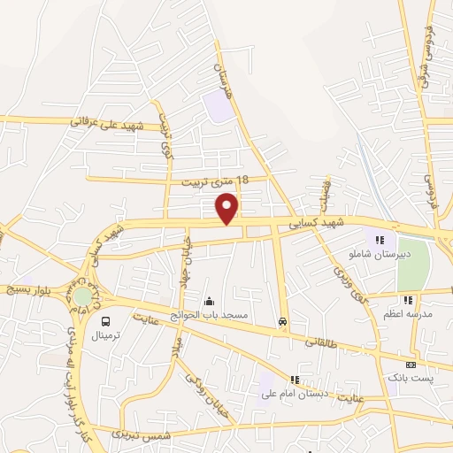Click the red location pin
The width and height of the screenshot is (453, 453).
[228, 207]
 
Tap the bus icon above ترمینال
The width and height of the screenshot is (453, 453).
[106, 322]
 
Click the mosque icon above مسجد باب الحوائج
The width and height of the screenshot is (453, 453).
[210, 301]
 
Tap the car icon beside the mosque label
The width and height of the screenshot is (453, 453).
[282, 321]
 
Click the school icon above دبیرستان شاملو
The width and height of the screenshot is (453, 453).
[380, 239]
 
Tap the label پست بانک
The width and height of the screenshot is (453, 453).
[411, 378]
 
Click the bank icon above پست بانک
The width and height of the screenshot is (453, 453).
[411, 365]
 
